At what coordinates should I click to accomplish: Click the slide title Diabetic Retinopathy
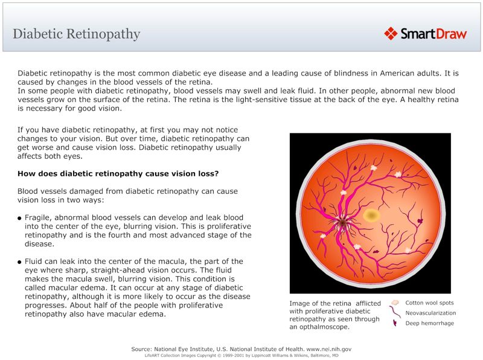pyautogui.click(x=77, y=34)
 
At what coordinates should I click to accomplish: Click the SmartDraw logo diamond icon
pyautogui.click(x=391, y=33)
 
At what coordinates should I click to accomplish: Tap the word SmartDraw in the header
pyautogui.click(x=433, y=34)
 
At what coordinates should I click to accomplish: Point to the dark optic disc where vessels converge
pyautogui.click(x=342, y=222)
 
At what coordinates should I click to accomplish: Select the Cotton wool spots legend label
pyautogui.click(x=429, y=303)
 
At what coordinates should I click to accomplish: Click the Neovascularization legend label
pyautogui.click(x=430, y=313)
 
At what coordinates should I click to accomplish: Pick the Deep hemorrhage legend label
pyautogui.click(x=429, y=323)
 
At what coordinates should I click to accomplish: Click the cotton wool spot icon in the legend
pyautogui.click(x=395, y=302)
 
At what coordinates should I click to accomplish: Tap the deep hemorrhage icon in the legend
pyautogui.click(x=395, y=324)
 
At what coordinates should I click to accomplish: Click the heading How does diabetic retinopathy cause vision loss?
pyautogui.click(x=118, y=173)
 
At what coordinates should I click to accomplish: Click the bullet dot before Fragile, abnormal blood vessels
pyautogui.click(x=20, y=218)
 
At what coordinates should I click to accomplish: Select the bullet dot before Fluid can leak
pyautogui.click(x=20, y=262)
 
